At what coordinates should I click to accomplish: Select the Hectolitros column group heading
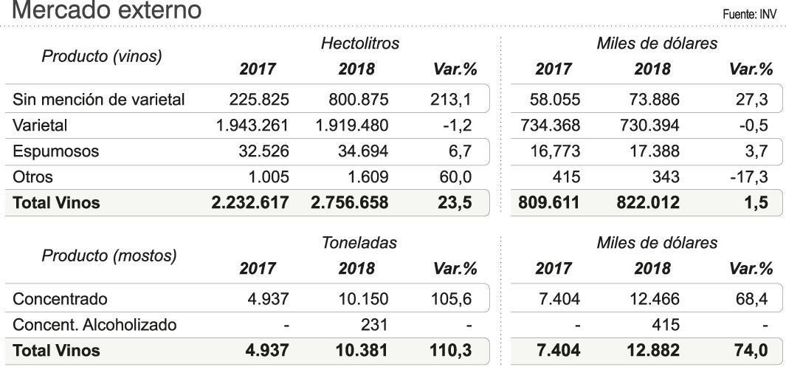[x=359, y=44]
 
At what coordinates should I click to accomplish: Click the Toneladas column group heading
[x=359, y=243]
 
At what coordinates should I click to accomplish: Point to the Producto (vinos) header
[x=102, y=56]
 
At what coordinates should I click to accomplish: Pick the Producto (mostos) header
[x=109, y=255]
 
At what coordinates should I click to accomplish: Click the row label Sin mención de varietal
[x=99, y=99]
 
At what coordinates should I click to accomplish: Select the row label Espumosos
[x=56, y=152]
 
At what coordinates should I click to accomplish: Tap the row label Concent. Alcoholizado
[x=95, y=324]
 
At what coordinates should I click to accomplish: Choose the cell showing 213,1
[x=450, y=99]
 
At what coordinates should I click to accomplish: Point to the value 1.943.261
[x=252, y=126]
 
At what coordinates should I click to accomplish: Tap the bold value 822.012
[x=648, y=203]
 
